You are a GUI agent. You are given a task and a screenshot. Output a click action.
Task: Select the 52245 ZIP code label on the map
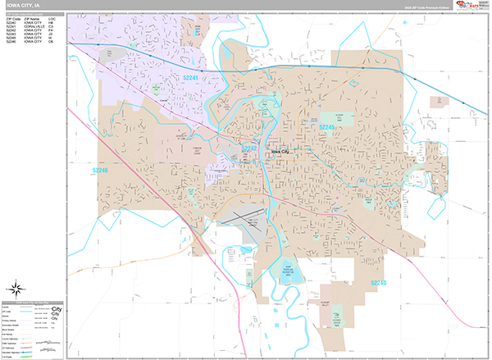(326, 128)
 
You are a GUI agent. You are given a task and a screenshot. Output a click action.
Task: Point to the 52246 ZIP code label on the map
(101, 171)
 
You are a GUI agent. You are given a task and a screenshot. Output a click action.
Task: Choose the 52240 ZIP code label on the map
(378, 283)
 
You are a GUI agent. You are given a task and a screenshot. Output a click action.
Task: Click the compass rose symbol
(17, 288)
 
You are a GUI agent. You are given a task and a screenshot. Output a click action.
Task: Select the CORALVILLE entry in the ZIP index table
(38, 25)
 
